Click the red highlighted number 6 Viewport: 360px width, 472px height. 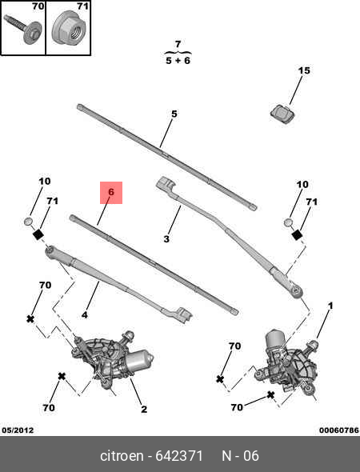click(111, 192)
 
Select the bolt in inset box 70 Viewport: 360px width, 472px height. click(23, 28)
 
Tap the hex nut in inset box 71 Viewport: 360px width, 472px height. click(69, 28)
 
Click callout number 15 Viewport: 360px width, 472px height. click(304, 70)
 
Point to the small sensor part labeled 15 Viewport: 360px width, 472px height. click(282, 114)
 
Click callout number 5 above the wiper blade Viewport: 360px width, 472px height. click(174, 114)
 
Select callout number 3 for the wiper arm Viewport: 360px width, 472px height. click(166, 239)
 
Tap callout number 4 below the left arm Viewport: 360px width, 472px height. click(85, 315)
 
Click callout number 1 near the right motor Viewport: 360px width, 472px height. click(330, 306)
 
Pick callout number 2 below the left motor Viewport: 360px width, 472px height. click(144, 409)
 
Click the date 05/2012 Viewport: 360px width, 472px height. click(18, 430)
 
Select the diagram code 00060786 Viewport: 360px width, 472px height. click(339, 430)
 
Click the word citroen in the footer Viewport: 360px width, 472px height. click(122, 456)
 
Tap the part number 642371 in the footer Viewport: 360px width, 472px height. click(178, 456)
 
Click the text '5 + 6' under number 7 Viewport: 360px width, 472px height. click(178, 61)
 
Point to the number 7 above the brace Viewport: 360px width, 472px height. click(178, 44)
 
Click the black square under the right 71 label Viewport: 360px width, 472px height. click(297, 234)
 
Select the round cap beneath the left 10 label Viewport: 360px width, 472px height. click(29, 222)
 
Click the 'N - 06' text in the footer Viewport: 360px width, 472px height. click(240, 456)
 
